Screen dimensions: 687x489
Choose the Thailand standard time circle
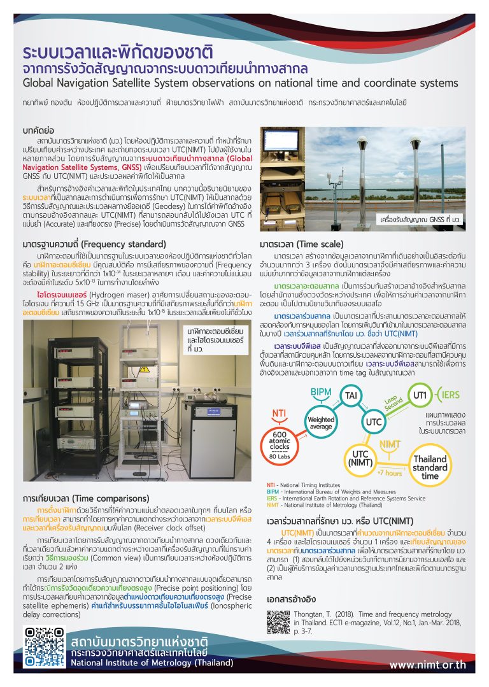tap(430, 467)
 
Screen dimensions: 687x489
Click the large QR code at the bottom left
tap(43, 651)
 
